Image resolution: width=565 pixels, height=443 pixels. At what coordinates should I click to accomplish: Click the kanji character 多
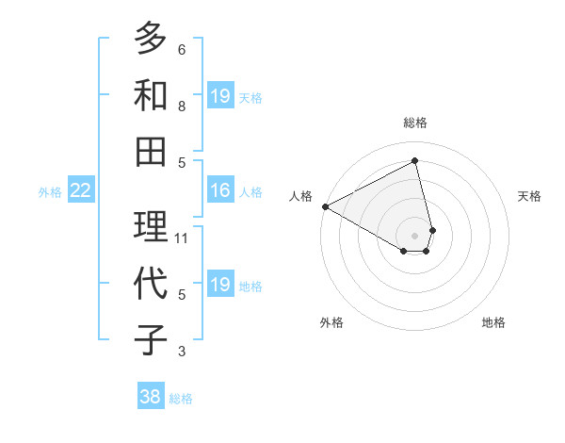[x=151, y=40]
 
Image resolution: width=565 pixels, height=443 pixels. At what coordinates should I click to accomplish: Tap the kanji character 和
[x=151, y=95]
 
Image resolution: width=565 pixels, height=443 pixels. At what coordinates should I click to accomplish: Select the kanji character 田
[x=151, y=151]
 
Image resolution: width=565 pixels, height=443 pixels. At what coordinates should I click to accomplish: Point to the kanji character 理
[x=151, y=227]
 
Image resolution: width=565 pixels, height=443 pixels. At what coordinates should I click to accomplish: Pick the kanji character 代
[x=151, y=284]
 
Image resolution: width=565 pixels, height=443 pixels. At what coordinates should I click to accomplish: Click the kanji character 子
[x=151, y=340]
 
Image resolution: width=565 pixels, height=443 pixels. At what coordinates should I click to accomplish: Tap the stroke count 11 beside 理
[x=183, y=238]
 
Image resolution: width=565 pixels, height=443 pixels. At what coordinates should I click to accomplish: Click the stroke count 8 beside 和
[x=182, y=106]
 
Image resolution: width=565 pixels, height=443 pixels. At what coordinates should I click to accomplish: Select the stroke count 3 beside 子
[x=182, y=352]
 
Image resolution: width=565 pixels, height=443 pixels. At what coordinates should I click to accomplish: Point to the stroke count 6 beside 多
[x=182, y=49]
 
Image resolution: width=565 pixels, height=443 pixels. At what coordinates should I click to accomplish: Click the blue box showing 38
[x=151, y=398]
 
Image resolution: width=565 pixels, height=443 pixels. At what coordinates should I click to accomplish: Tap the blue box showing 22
[x=81, y=191]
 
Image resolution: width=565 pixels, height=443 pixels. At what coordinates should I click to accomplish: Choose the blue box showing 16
[x=220, y=191]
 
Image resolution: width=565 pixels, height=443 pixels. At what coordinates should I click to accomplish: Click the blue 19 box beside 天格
[x=220, y=96]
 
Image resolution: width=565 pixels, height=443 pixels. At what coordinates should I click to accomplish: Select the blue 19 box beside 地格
[x=220, y=285]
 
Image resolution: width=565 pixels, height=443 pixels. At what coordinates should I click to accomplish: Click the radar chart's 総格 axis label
[x=415, y=123]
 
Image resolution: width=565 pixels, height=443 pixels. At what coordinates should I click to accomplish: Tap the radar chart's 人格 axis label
[x=301, y=196]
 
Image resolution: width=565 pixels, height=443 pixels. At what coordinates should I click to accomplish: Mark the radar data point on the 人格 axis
[x=324, y=206]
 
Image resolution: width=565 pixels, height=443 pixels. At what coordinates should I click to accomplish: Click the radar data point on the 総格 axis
[x=415, y=161]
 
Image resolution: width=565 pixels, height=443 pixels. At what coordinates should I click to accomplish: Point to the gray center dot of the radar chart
[x=415, y=235]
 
